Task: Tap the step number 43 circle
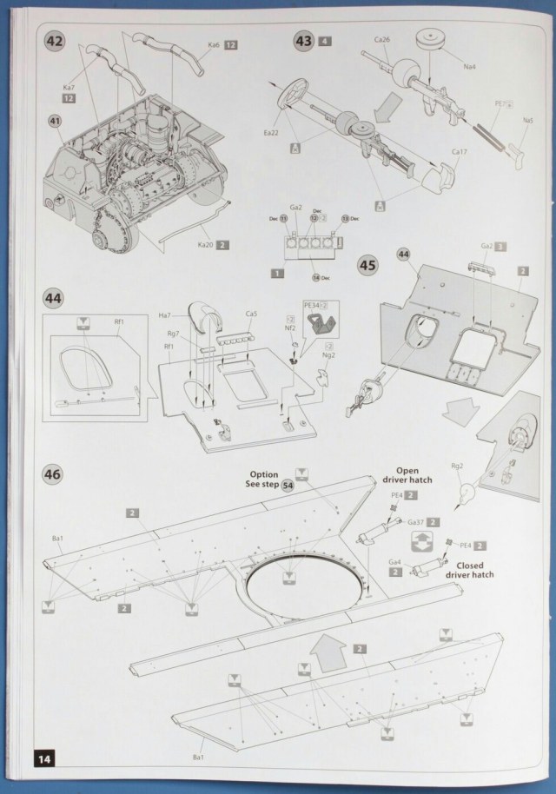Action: (304, 41)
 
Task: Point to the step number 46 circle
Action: (54, 475)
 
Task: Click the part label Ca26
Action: (383, 39)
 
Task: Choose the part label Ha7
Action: (165, 316)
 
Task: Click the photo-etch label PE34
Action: (312, 306)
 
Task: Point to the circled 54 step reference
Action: (286, 486)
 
